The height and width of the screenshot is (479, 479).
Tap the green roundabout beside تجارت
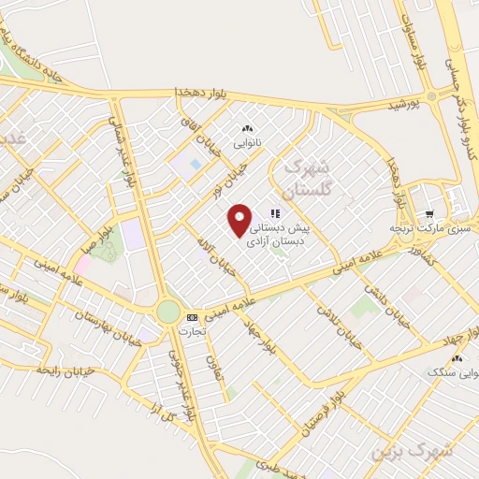167,311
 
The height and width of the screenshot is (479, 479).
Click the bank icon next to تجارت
192,317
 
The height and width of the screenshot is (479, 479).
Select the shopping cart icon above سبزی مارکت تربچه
430,214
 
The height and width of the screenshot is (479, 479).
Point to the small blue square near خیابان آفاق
196,164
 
